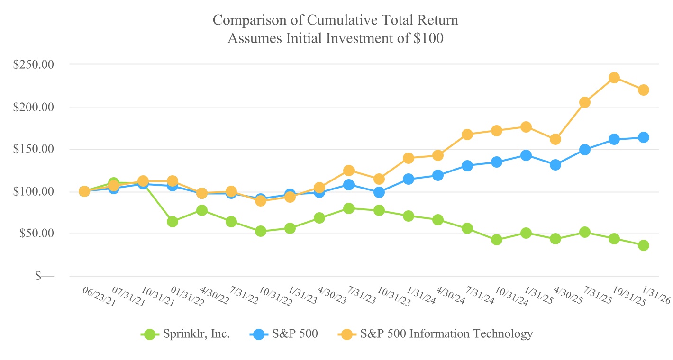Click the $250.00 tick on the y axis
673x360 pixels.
tap(34, 65)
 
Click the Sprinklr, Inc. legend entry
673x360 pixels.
tap(186, 334)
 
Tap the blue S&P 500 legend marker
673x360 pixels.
tap(259, 334)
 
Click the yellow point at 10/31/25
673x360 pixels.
tap(614, 78)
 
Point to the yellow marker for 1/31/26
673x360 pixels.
tap(644, 90)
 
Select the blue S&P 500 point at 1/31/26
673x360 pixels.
tap(644, 137)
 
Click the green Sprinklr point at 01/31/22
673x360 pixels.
tap(173, 222)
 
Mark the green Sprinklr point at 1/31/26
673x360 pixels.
tap(644, 245)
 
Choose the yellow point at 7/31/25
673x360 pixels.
tap(585, 102)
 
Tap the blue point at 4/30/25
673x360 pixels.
tap(555, 165)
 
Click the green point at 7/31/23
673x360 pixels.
tap(349, 208)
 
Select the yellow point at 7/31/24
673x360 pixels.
tap(467, 135)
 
